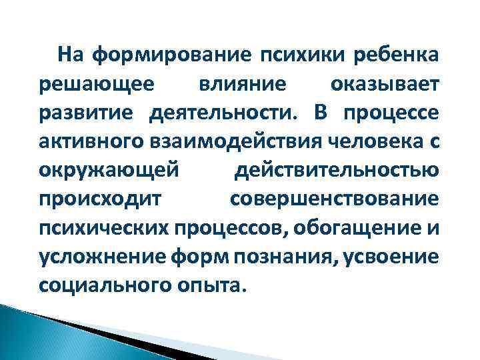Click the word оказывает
pos(385,85)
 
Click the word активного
pos(83,142)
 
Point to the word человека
pos(351,142)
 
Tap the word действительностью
pos(337,171)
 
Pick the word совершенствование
pos(335,199)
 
